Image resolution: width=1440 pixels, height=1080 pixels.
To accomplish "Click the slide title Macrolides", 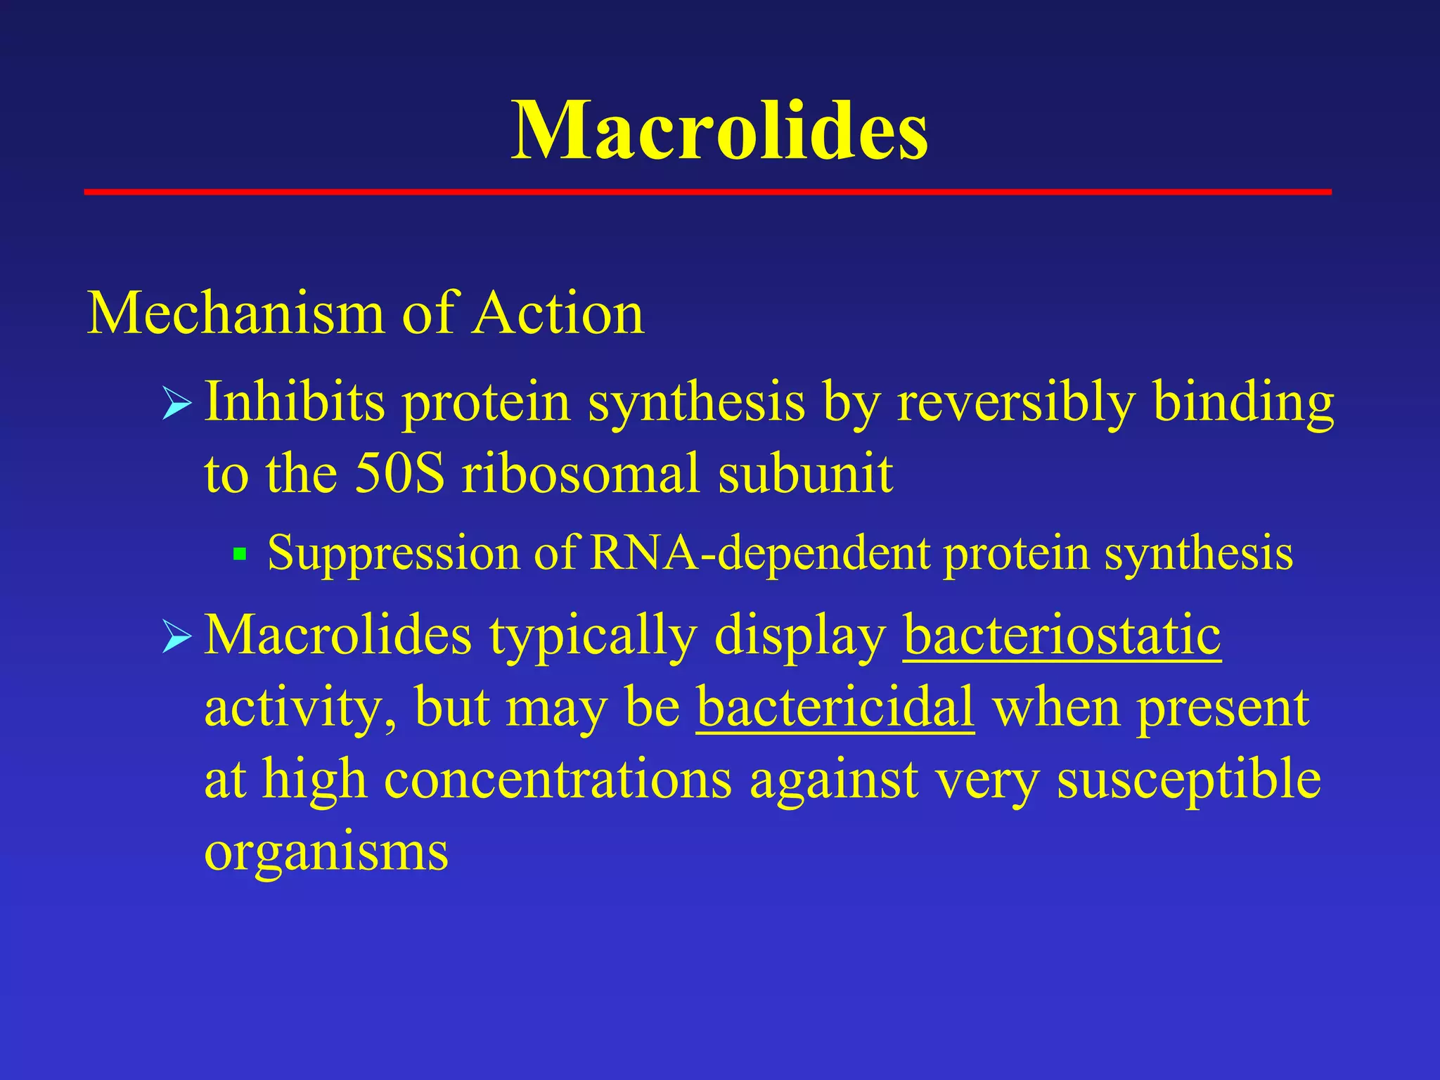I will (719, 131).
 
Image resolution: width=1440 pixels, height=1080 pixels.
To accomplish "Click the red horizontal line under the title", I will (707, 191).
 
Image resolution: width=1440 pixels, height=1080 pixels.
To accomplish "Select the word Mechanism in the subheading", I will (236, 314).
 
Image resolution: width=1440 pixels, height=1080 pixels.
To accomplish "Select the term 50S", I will (399, 474).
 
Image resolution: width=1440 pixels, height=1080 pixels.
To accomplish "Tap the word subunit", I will (805, 474).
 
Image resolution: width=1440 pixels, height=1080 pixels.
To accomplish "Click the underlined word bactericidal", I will (835, 707).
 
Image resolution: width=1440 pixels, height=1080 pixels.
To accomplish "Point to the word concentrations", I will (558, 780).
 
